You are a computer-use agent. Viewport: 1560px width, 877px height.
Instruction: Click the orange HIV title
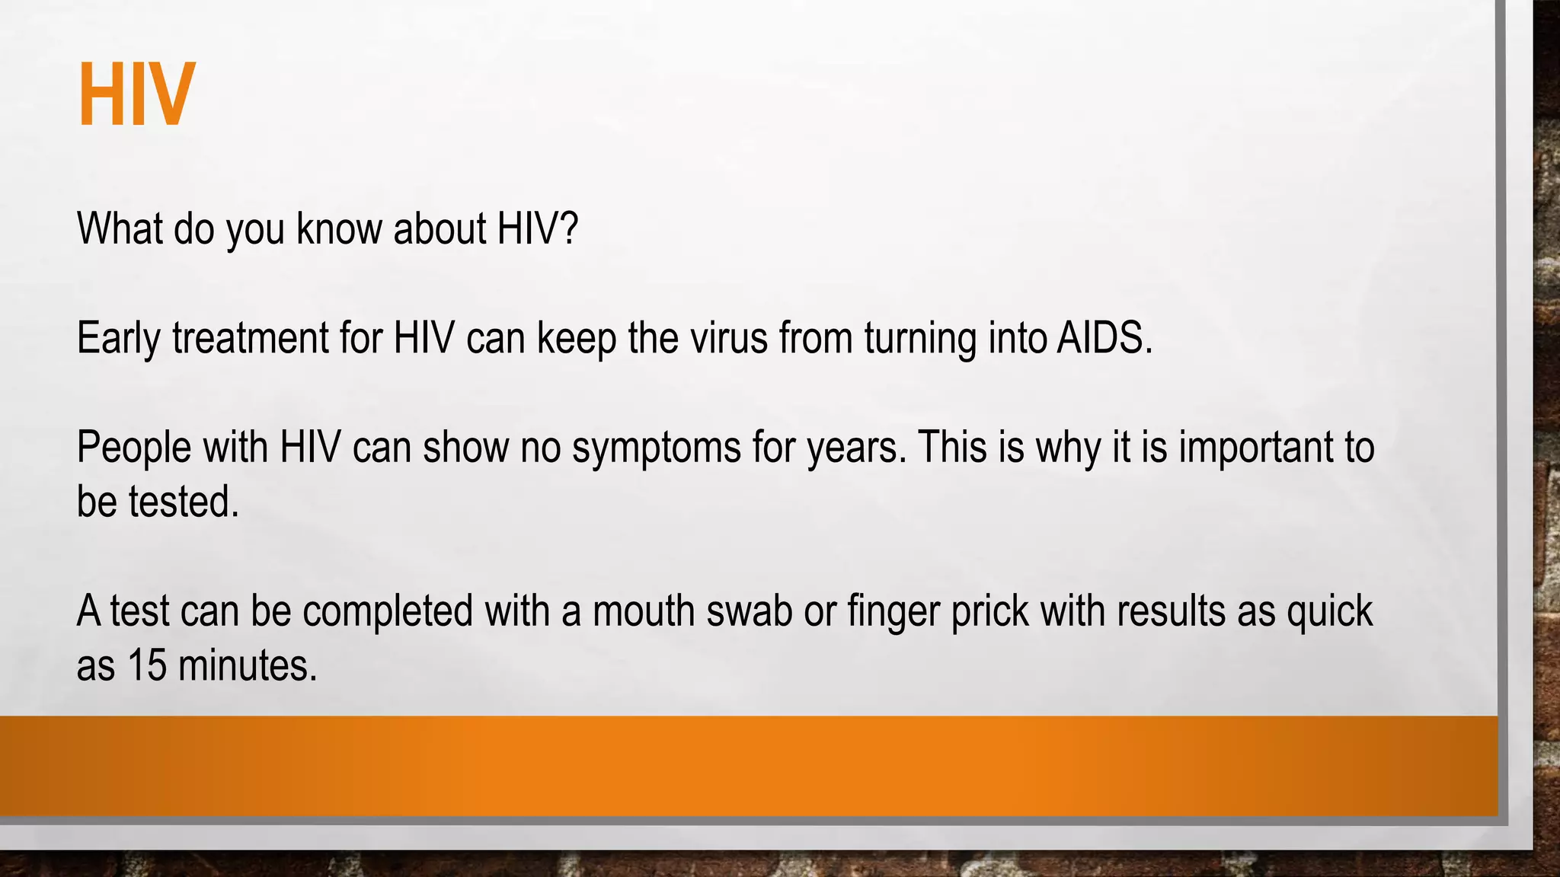click(x=137, y=95)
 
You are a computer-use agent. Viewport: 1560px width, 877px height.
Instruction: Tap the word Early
click(x=118, y=339)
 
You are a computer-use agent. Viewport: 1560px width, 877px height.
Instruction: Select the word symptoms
click(x=656, y=448)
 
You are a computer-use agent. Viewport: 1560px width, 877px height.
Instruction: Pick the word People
click(x=134, y=448)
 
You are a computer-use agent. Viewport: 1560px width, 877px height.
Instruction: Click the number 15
click(x=147, y=665)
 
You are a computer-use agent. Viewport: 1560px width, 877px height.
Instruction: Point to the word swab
click(x=750, y=611)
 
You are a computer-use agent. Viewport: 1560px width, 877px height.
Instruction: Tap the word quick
click(x=1329, y=611)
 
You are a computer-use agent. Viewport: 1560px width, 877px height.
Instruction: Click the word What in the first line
click(x=120, y=228)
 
